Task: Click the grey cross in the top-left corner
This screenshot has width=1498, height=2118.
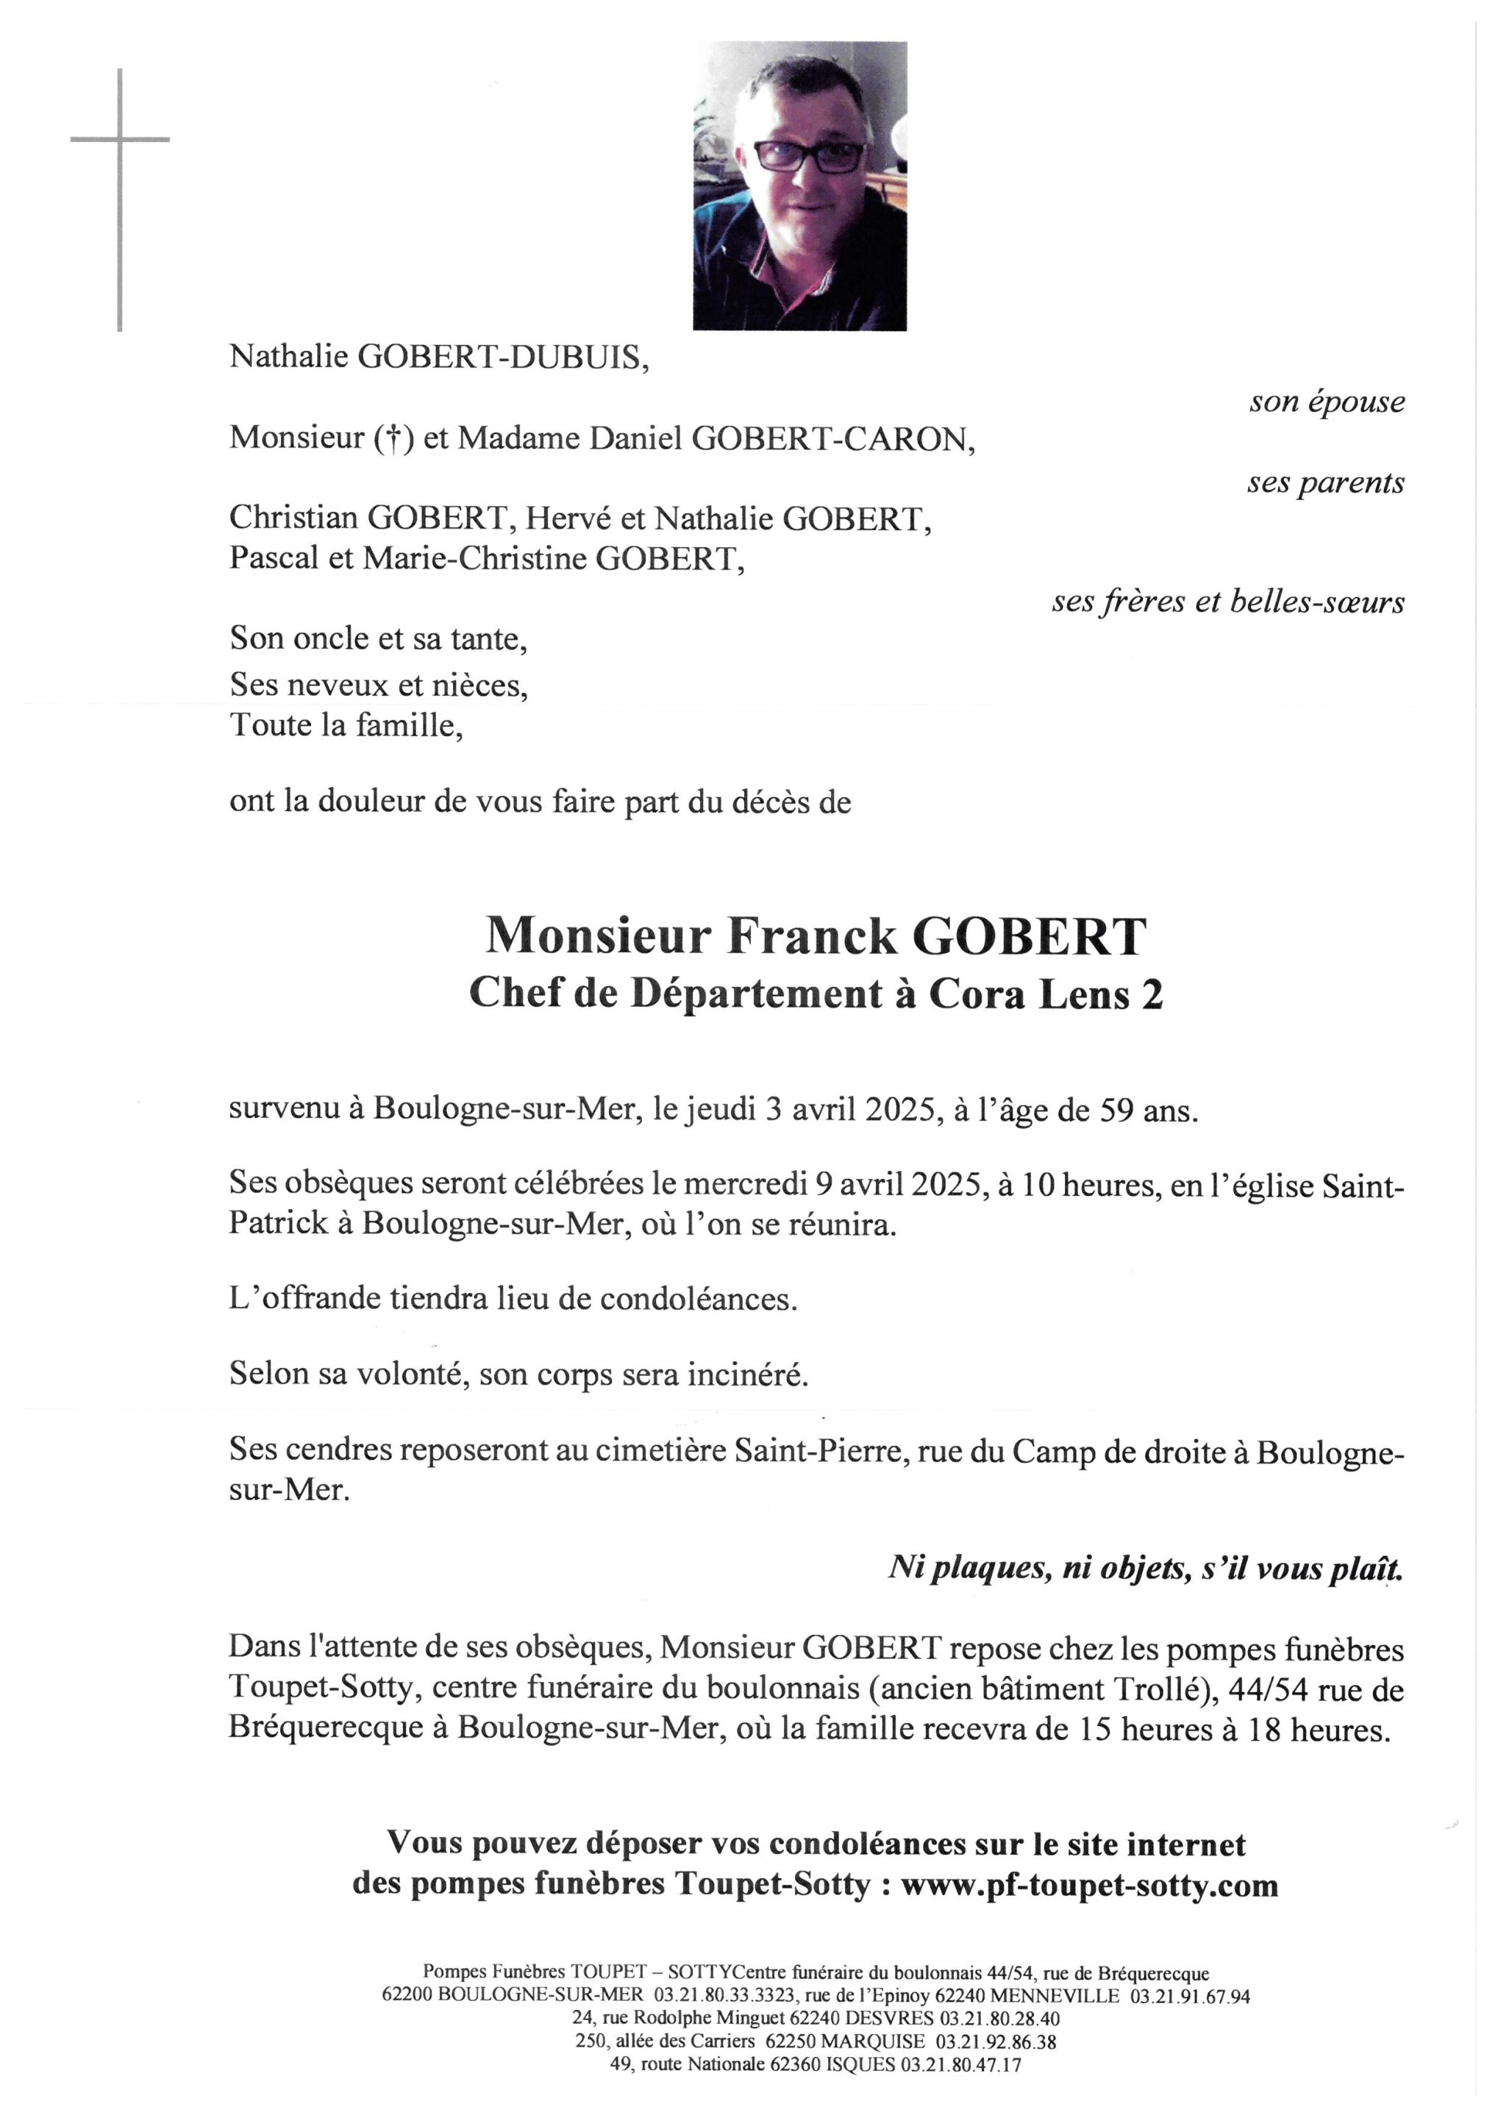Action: click(120, 140)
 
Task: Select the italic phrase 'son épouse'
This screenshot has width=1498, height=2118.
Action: click(1327, 402)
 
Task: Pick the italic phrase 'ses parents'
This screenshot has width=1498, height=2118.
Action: click(1325, 482)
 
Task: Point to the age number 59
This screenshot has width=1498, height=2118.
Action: click(1114, 1110)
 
